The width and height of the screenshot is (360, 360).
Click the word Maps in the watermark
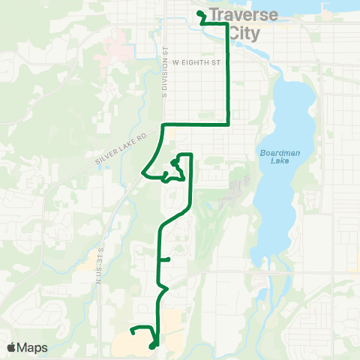coord(34,347)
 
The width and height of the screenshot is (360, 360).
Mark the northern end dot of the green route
coord(199,13)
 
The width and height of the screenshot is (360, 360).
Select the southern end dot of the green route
coord(152,346)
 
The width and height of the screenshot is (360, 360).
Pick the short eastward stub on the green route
coord(166,259)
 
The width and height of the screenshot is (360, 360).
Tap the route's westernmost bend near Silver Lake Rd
coord(142,172)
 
